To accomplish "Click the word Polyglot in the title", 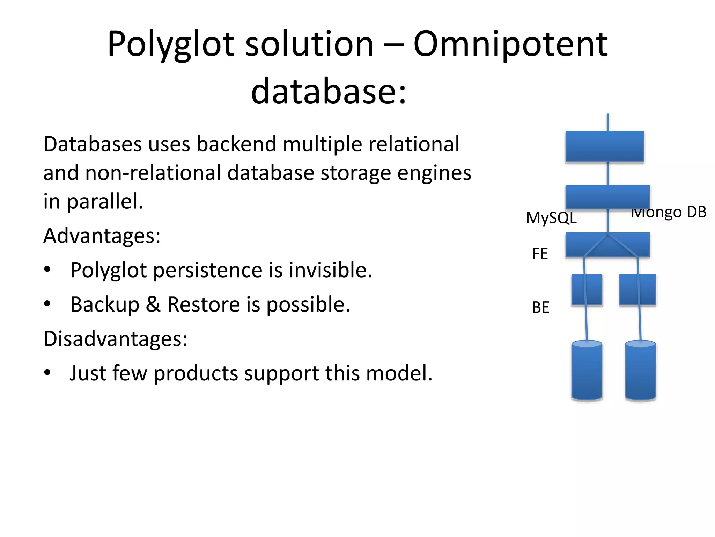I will (x=171, y=45).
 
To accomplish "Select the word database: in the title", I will (x=329, y=91).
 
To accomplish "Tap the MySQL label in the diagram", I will (x=551, y=218).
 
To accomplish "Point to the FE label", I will (x=540, y=253).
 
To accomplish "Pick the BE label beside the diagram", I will (x=540, y=307).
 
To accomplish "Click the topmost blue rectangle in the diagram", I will (x=604, y=146).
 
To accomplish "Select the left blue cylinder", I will (x=587, y=371).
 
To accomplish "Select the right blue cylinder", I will (x=640, y=371).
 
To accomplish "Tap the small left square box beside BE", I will (x=587, y=289).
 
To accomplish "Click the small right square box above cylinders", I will (x=637, y=289).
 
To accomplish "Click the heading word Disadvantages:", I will (x=115, y=338).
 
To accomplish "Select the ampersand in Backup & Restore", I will (x=153, y=304).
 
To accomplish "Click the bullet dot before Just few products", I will (x=47, y=373).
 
